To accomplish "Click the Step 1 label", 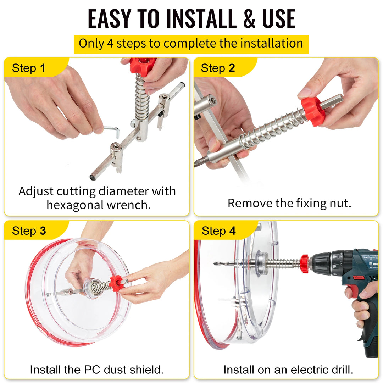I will [x=29, y=68].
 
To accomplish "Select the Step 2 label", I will [x=218, y=68].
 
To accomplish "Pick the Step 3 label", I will [x=29, y=231].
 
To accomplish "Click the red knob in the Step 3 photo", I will [x=116, y=283].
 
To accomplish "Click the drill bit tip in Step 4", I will [x=216, y=263].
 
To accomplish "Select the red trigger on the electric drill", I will [x=349, y=290].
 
